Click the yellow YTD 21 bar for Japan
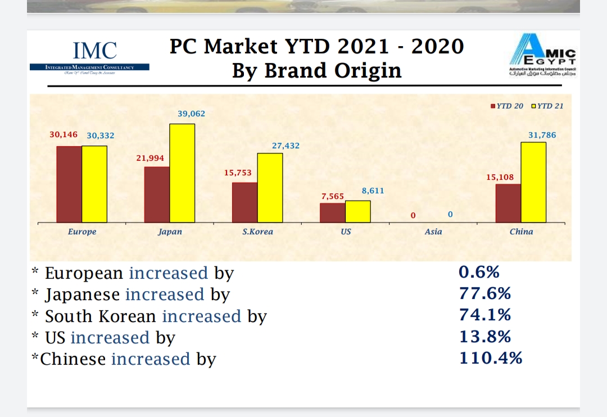coord(182,173)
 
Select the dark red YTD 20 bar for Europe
coord(69,184)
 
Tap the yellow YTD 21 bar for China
coord(533,182)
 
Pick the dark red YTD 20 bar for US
coord(333,212)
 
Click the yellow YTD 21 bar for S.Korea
coord(270,188)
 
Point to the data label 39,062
coord(192,114)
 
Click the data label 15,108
coord(500,177)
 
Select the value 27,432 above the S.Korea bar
coord(286,146)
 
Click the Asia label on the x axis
coord(433,232)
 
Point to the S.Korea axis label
coord(257,232)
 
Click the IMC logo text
coord(95,51)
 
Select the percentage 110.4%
coord(491,357)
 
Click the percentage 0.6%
coord(479,272)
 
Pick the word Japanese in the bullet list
coord(82,294)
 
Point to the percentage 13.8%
coord(485,336)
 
